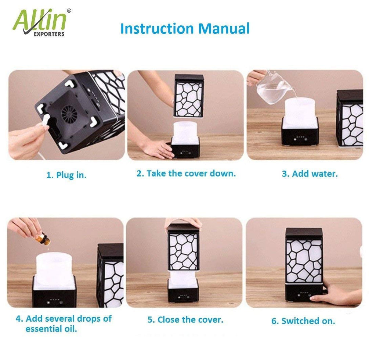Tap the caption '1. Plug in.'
click(66, 175)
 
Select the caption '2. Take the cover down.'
click(186, 174)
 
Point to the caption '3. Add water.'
click(310, 174)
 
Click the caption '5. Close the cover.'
click(185, 319)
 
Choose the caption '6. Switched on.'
click(303, 321)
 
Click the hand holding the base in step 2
click(154, 147)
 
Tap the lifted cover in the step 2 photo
click(188, 95)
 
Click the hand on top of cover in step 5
click(184, 222)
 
